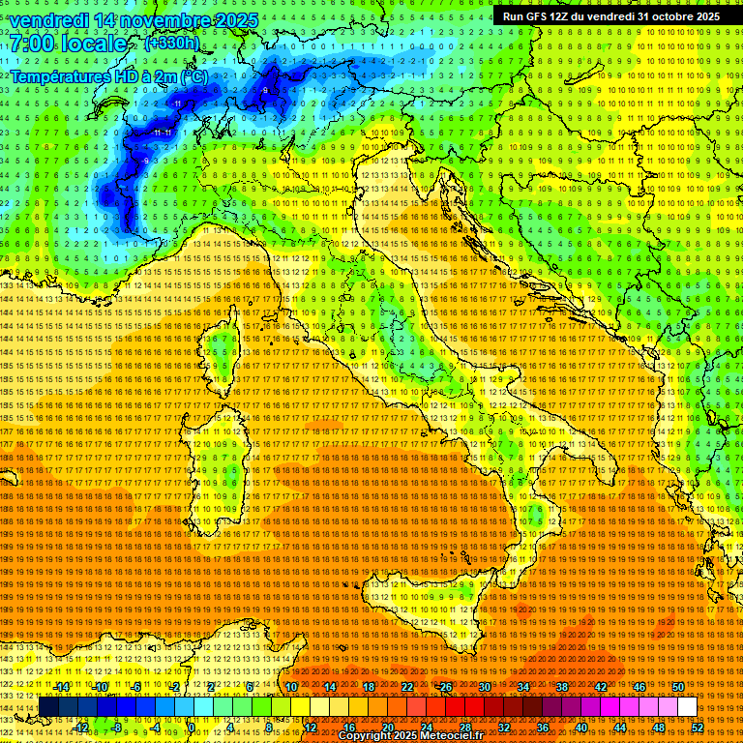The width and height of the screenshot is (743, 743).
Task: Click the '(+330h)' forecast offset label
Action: (x=171, y=44)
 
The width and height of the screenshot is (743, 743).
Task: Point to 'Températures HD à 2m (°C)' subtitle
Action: (x=109, y=75)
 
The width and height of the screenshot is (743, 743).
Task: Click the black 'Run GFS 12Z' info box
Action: (x=610, y=16)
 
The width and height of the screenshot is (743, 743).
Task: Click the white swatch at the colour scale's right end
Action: (x=687, y=707)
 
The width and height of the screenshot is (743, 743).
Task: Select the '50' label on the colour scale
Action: (x=677, y=687)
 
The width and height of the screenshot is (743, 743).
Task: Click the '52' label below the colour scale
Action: (x=697, y=728)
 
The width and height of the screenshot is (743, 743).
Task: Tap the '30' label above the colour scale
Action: (x=484, y=687)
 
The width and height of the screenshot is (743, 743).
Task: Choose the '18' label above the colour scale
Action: (x=368, y=687)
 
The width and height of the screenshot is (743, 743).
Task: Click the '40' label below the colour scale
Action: (x=580, y=728)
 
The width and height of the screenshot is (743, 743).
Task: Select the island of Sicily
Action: (x=426, y=619)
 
